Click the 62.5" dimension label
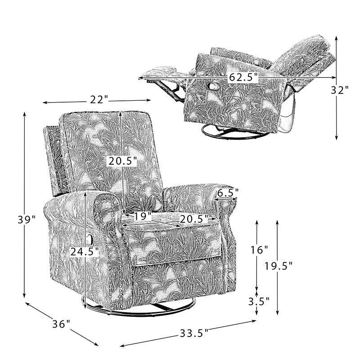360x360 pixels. (x=243, y=77)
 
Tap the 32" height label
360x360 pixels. (x=340, y=90)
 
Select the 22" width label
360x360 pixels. (x=99, y=99)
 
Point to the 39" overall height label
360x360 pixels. (x=27, y=220)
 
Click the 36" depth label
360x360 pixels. (x=61, y=324)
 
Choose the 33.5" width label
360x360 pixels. (x=194, y=333)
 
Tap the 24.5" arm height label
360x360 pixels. (x=85, y=252)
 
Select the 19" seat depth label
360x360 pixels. (x=143, y=216)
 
